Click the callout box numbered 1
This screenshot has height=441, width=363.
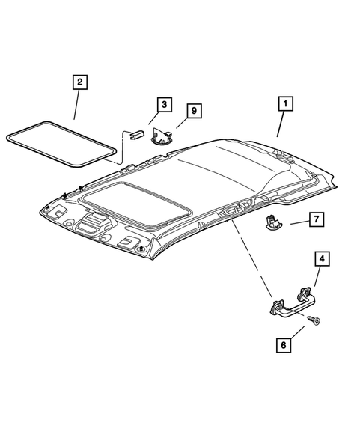284,105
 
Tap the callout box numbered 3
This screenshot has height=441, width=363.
164,106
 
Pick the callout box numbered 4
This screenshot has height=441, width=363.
320,259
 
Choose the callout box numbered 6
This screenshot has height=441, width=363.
283,345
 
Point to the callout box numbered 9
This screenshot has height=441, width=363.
194,112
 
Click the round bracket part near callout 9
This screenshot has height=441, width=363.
160,136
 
